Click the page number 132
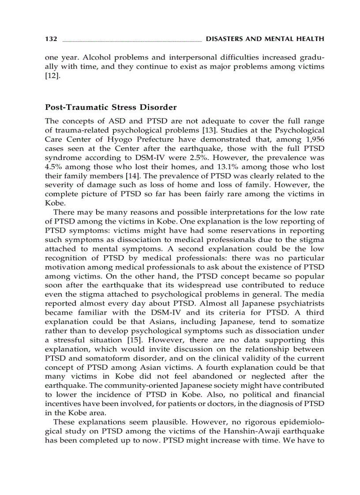tap(51, 39)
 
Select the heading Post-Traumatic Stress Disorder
tap(111, 107)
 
